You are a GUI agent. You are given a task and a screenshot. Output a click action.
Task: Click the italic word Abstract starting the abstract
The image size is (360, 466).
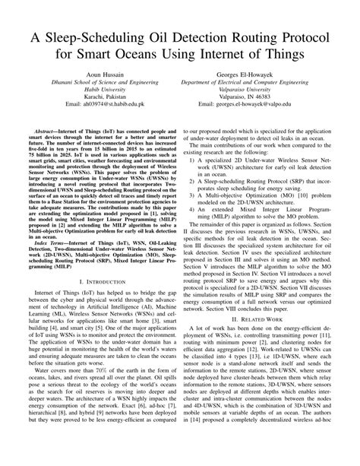51,152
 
